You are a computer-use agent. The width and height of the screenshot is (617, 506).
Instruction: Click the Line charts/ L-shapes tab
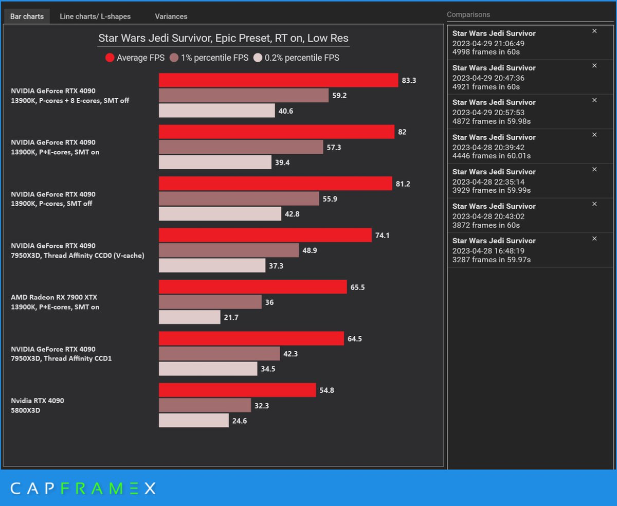tap(95, 16)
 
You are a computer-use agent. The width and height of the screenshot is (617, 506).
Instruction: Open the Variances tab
tap(171, 16)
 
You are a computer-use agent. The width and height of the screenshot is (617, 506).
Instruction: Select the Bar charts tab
tap(27, 16)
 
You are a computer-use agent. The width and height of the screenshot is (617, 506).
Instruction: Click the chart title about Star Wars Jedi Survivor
tap(223, 38)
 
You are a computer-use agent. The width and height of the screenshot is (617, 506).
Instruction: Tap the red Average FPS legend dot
tap(110, 58)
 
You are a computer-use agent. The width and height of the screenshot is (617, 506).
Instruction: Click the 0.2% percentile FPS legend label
tap(302, 58)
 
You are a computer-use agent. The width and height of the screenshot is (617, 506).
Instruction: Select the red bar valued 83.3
tap(278, 80)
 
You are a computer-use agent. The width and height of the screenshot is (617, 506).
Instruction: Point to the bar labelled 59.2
tap(243, 96)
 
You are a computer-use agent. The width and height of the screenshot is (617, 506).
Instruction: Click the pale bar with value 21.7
tap(189, 317)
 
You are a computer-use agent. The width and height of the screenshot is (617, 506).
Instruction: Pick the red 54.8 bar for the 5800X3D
tap(237, 390)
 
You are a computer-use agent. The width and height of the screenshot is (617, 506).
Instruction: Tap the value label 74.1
tap(383, 235)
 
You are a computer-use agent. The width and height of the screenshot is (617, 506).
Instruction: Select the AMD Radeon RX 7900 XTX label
tap(54, 297)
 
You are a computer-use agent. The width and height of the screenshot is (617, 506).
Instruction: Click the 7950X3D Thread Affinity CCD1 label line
tap(61, 358)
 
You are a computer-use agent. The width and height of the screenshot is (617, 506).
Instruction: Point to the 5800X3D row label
tap(26, 410)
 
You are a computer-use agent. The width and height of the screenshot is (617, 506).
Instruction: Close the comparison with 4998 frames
tap(594, 31)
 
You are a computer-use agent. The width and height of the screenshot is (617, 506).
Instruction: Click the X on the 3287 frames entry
tap(594, 239)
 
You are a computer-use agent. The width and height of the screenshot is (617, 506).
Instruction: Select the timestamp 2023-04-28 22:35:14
tap(488, 182)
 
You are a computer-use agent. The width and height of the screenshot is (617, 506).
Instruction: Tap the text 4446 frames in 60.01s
tap(492, 156)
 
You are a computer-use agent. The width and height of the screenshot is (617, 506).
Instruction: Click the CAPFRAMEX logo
tap(83, 488)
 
